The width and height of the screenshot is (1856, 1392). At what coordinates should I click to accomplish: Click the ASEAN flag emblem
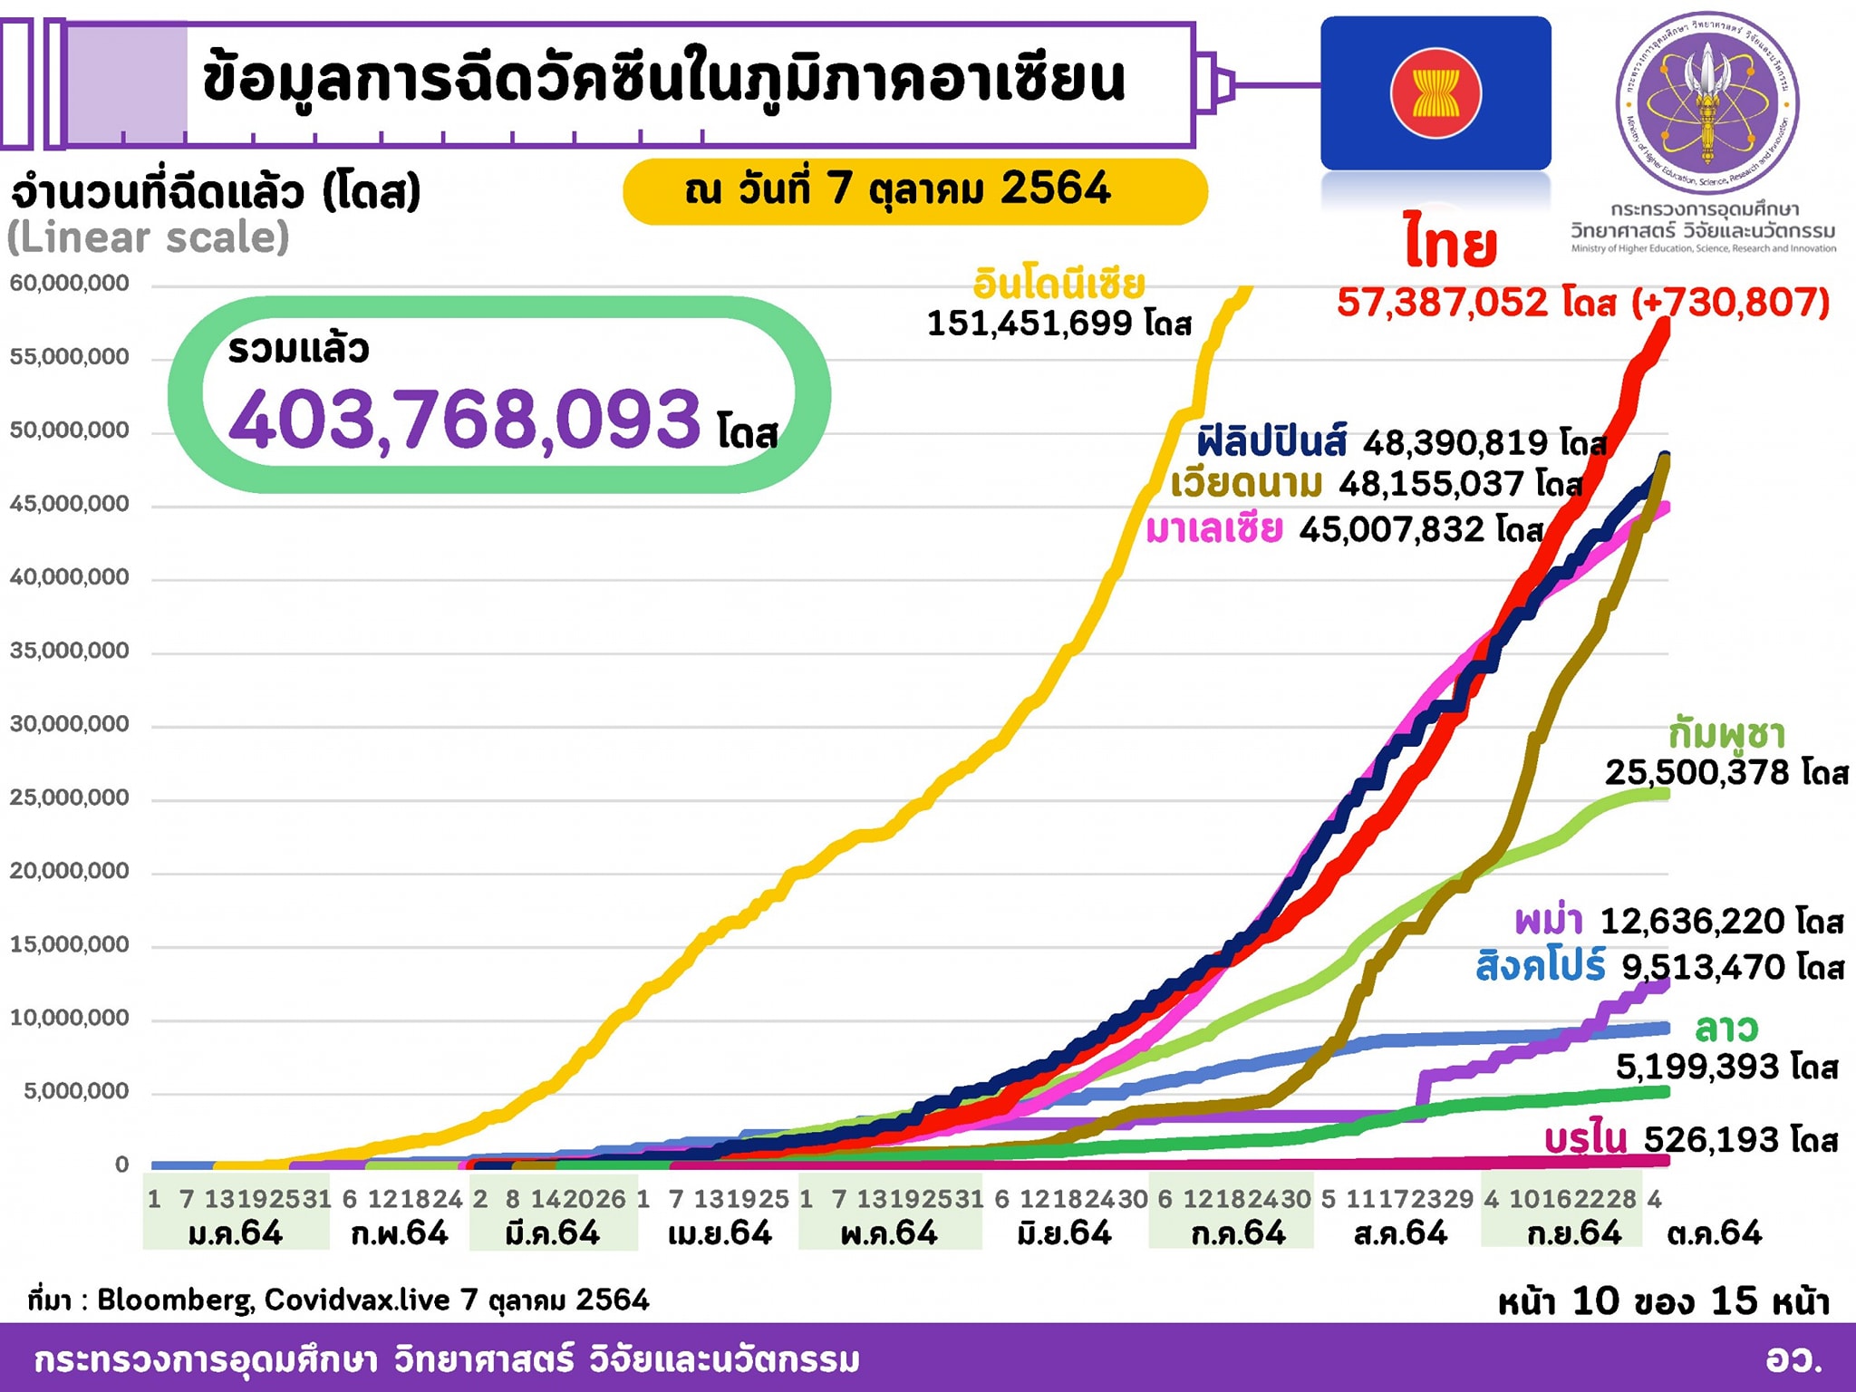click(1435, 93)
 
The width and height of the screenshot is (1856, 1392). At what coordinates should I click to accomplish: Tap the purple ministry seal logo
click(1707, 101)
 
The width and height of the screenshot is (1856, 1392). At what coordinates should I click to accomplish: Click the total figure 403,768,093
click(465, 419)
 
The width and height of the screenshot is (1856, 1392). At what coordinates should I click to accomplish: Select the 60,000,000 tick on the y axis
click(70, 284)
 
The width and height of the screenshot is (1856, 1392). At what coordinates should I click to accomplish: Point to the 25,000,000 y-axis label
click(70, 797)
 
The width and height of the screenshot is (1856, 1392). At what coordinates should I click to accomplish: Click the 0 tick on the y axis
click(121, 1165)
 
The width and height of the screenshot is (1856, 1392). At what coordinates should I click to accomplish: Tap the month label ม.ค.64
click(236, 1233)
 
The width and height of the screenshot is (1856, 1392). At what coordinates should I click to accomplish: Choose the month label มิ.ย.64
click(1064, 1233)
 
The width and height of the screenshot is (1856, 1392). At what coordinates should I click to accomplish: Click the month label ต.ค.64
click(1714, 1233)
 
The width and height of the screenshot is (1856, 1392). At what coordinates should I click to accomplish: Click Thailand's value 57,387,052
click(1443, 303)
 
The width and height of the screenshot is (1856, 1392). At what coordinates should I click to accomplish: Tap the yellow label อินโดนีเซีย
click(1058, 284)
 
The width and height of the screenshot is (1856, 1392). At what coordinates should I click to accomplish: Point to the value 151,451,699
click(1029, 324)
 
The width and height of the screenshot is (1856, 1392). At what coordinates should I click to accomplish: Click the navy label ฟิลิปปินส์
click(1271, 441)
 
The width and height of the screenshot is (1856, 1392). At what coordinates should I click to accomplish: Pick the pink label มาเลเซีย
click(1214, 528)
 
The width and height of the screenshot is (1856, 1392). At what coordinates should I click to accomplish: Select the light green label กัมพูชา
click(1726, 733)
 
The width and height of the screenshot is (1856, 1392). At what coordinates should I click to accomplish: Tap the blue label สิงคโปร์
click(1541, 966)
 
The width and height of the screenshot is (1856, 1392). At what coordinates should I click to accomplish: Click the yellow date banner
click(914, 190)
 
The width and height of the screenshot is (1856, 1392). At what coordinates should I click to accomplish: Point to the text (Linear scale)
click(149, 237)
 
